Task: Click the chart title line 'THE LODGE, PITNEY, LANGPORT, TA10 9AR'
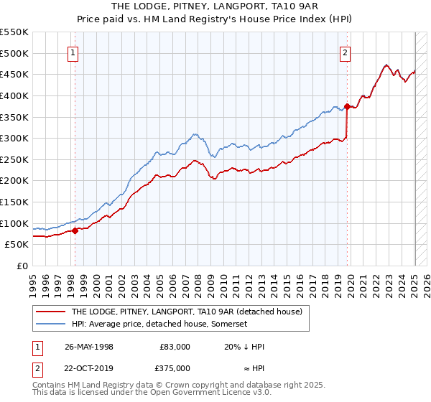[216, 6]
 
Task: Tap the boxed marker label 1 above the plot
[74, 52]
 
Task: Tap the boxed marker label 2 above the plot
[346, 52]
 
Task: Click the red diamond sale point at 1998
[75, 230]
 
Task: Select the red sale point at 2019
[347, 107]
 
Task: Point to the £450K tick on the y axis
[14, 74]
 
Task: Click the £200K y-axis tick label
[14, 181]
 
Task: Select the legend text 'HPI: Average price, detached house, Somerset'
[159, 324]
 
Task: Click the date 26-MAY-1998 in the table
[89, 346]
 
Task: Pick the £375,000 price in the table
[175, 368]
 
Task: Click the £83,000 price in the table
[175, 346]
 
